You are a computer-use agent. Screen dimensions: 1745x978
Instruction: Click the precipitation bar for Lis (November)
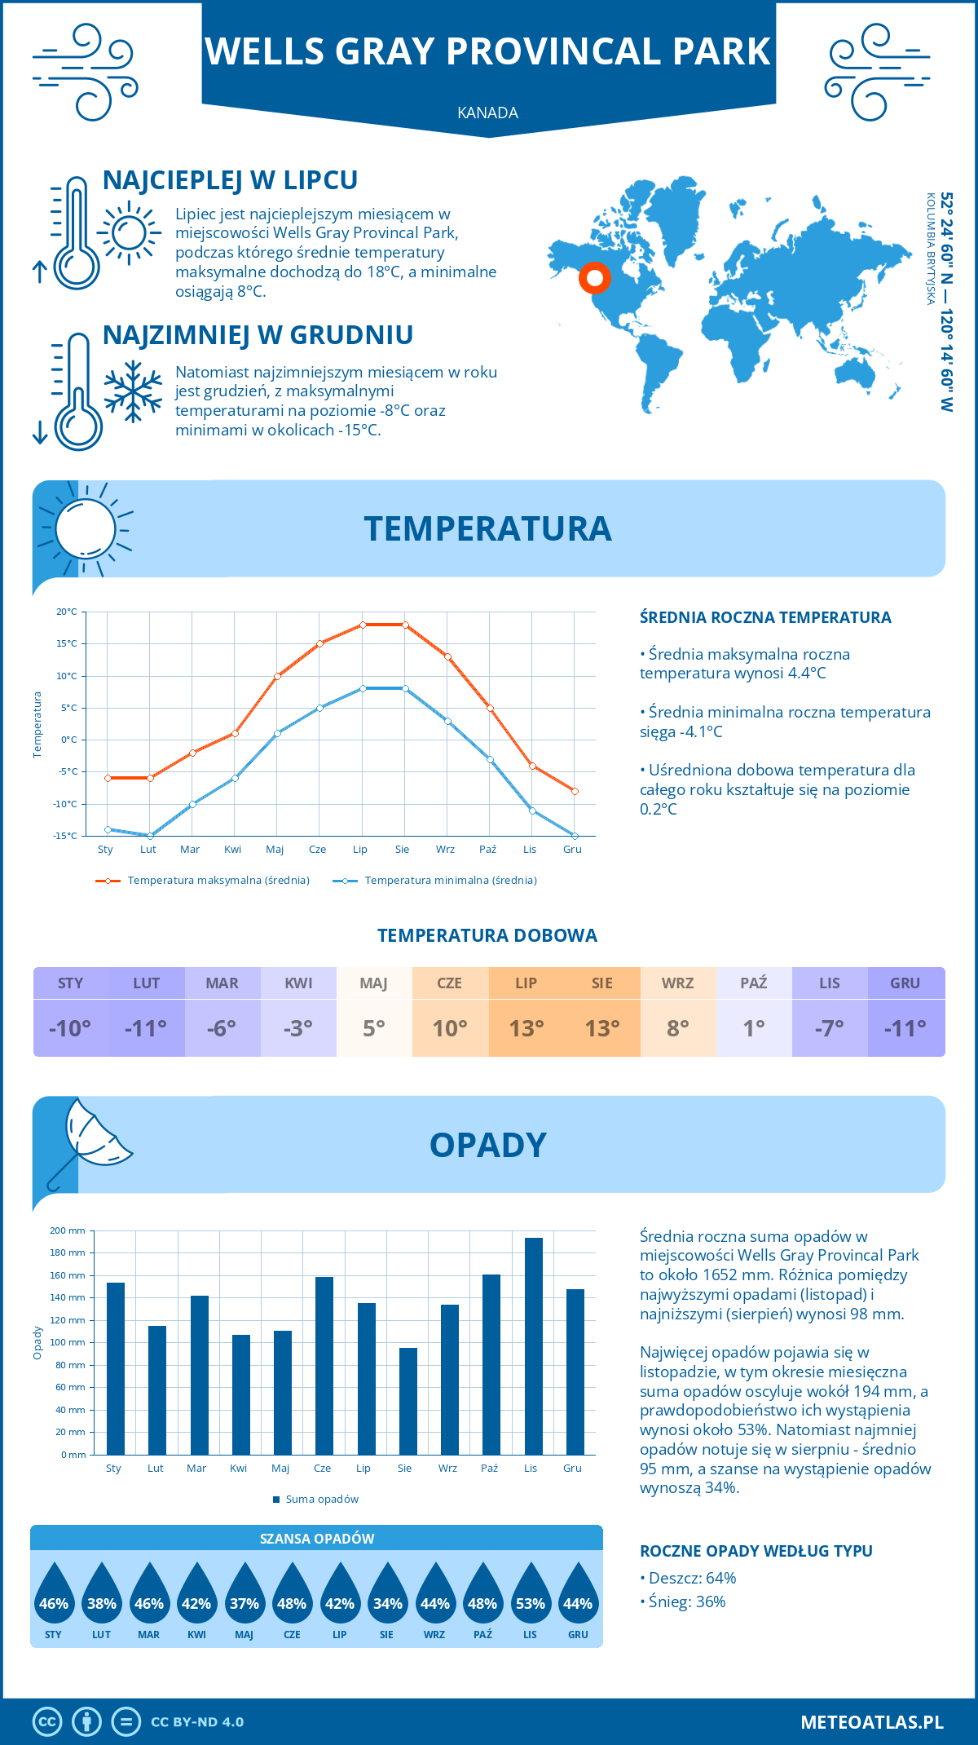533,1346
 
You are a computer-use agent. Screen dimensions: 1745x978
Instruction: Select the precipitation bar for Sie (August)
408,1401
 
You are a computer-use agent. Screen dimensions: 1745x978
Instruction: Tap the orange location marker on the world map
595,278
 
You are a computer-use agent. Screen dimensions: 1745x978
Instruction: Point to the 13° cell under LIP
526,1028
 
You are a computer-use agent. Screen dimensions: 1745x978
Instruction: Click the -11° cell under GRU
905,1028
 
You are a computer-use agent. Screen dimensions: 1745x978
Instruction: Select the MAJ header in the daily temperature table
373,983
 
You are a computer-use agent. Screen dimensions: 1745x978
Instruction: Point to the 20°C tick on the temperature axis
67,612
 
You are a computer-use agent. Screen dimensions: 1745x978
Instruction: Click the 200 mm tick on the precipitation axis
68,1230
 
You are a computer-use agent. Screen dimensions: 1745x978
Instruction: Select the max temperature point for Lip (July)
363,625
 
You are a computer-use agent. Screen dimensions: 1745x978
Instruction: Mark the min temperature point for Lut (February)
150,836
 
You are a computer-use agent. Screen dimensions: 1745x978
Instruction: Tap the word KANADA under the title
487,113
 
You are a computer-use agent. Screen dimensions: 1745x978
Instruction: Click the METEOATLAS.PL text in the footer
871,1721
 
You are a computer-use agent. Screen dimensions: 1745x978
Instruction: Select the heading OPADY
487,1145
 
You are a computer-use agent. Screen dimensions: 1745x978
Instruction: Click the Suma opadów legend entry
321,1500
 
